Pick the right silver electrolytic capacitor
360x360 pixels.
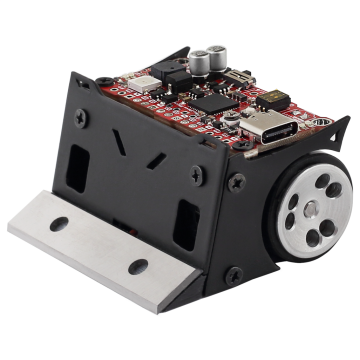tap(223, 53)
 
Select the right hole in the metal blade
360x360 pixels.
tap(138, 266)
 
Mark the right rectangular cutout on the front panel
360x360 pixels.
tap(186, 225)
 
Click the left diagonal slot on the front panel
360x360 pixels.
tap(120, 139)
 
